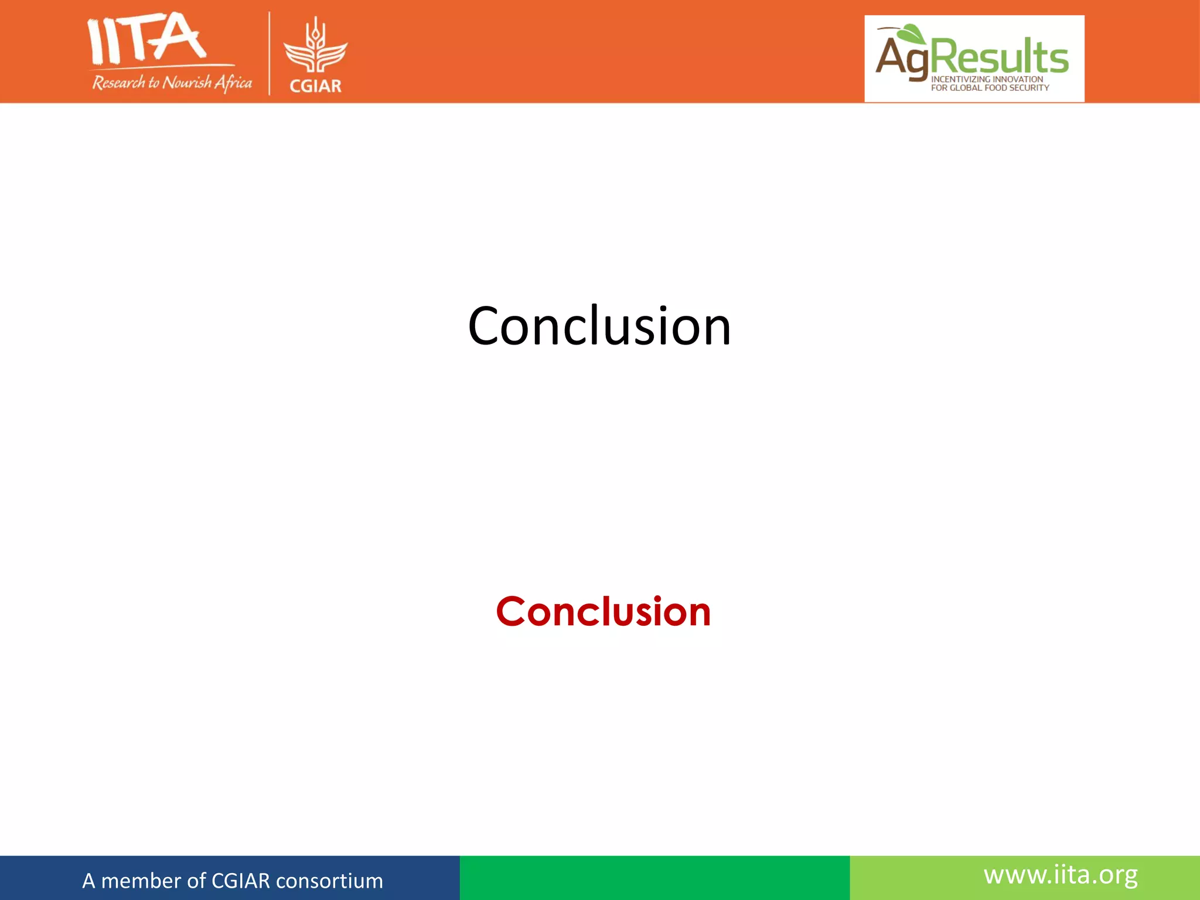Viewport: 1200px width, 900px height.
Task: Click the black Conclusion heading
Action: (599, 326)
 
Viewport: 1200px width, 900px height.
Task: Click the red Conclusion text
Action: (603, 612)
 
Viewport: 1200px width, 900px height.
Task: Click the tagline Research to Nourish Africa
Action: (172, 83)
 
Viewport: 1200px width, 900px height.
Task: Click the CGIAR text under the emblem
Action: (315, 86)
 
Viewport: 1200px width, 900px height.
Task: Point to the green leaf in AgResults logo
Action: (912, 34)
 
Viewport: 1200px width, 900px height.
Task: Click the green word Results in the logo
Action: (1000, 57)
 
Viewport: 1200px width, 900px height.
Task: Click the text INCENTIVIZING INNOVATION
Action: (987, 79)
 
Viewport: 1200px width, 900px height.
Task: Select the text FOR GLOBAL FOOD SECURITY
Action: (990, 88)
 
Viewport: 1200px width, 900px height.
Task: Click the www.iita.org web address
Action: (1061, 875)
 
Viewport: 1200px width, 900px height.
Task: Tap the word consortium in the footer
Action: (329, 881)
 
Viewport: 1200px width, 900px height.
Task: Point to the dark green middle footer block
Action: (654, 878)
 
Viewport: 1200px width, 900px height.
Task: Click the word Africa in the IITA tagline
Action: (233, 83)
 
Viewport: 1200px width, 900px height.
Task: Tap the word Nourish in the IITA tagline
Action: (186, 83)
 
